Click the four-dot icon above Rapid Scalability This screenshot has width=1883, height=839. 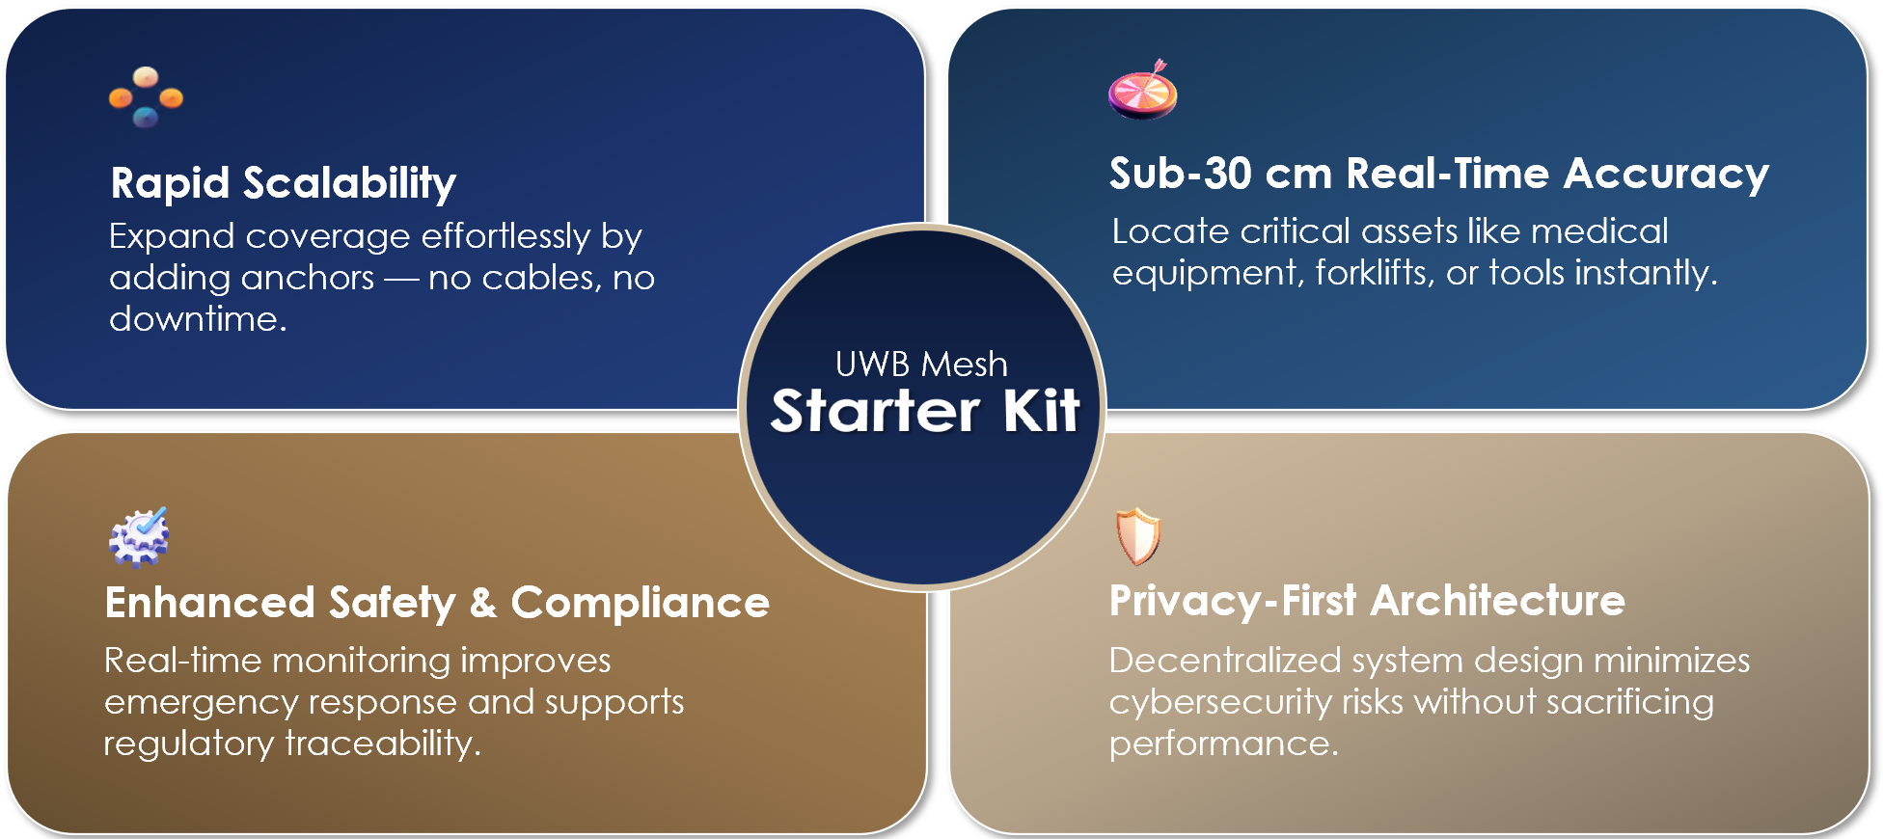click(x=146, y=96)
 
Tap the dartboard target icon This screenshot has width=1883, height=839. click(x=1143, y=89)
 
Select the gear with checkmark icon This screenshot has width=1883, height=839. click(x=139, y=536)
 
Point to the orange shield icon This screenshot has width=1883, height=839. click(x=1138, y=536)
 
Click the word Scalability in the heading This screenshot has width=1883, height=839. click(x=349, y=183)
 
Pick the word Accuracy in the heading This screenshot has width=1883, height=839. click(x=1666, y=175)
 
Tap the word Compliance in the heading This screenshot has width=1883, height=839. click(x=641, y=603)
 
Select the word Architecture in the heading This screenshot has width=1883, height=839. click(x=1498, y=600)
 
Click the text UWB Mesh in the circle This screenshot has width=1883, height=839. click(x=921, y=365)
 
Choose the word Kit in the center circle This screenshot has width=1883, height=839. click(x=1042, y=411)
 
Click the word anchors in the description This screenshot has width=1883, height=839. click(x=309, y=278)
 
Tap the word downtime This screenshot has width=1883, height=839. click(x=198, y=318)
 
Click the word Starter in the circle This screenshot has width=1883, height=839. click(x=875, y=411)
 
